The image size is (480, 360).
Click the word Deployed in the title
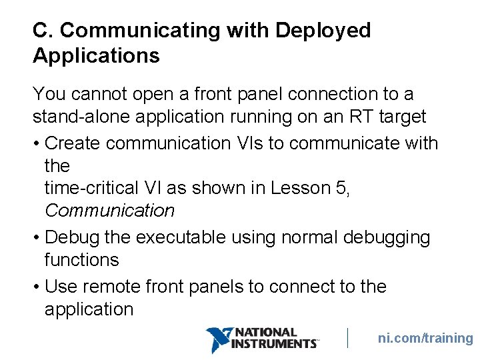[x=323, y=31]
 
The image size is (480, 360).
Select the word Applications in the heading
[x=96, y=56]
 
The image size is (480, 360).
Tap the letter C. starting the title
[x=43, y=31]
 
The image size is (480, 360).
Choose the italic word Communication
[x=109, y=211]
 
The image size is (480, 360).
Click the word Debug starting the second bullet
[x=71, y=237]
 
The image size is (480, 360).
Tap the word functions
[x=81, y=260]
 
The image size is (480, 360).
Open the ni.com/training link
[x=425, y=338]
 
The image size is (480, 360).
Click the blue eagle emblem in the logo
[x=217, y=339]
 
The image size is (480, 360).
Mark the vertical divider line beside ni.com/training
[x=347, y=337]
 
